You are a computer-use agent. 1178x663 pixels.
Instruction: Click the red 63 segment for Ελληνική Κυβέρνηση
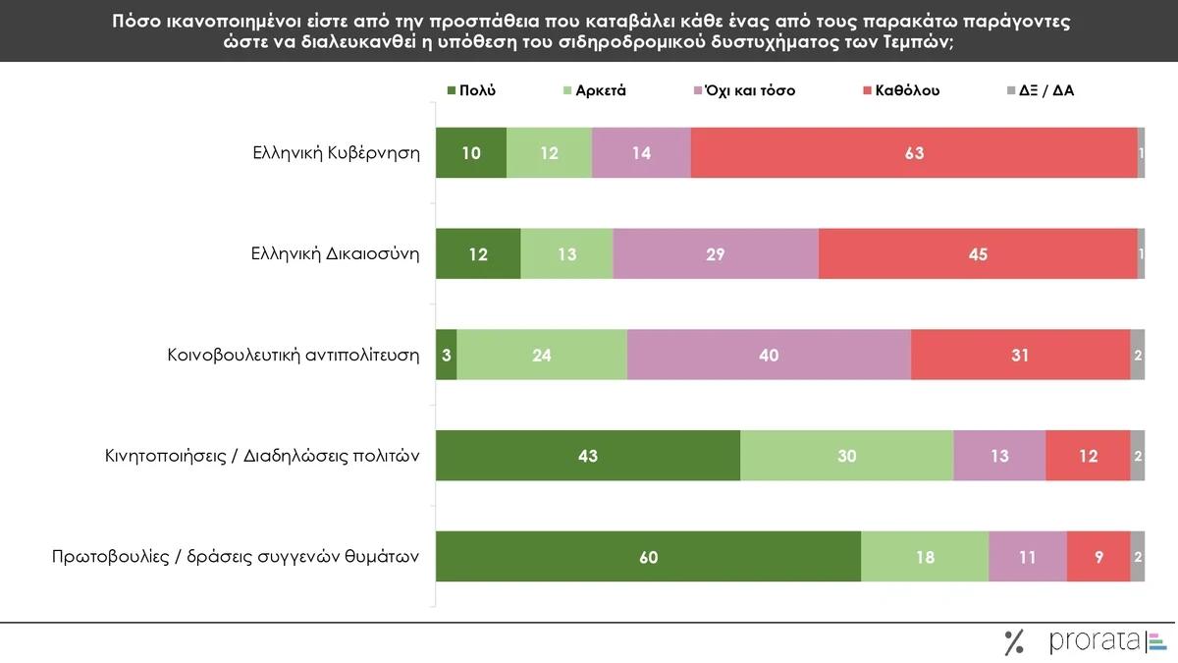[x=914, y=152]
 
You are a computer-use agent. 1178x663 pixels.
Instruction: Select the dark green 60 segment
[x=648, y=557]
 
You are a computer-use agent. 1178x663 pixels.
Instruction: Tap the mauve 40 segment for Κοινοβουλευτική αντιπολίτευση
[x=769, y=355]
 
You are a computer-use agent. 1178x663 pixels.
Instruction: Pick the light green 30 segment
[x=846, y=456]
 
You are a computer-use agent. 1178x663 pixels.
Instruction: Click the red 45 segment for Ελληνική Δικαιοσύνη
[x=977, y=253]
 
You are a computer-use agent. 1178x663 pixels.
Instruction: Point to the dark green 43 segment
[x=587, y=456]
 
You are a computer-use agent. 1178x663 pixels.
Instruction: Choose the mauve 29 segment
[x=715, y=253]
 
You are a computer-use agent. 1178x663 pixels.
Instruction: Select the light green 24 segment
[x=541, y=355]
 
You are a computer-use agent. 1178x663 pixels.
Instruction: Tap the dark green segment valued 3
[x=446, y=355]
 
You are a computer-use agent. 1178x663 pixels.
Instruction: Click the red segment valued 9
[x=1098, y=557]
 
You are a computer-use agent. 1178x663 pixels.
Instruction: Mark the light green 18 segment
[x=924, y=557]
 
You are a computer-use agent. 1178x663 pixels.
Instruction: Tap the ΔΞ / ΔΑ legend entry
[x=1048, y=90]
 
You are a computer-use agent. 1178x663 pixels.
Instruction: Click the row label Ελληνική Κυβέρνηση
[x=335, y=152]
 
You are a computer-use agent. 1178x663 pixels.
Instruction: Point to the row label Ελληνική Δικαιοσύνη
[x=335, y=253]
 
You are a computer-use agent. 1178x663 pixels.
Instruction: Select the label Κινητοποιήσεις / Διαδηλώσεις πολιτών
[x=262, y=456]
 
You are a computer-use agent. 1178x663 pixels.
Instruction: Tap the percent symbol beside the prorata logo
[x=1014, y=642]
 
